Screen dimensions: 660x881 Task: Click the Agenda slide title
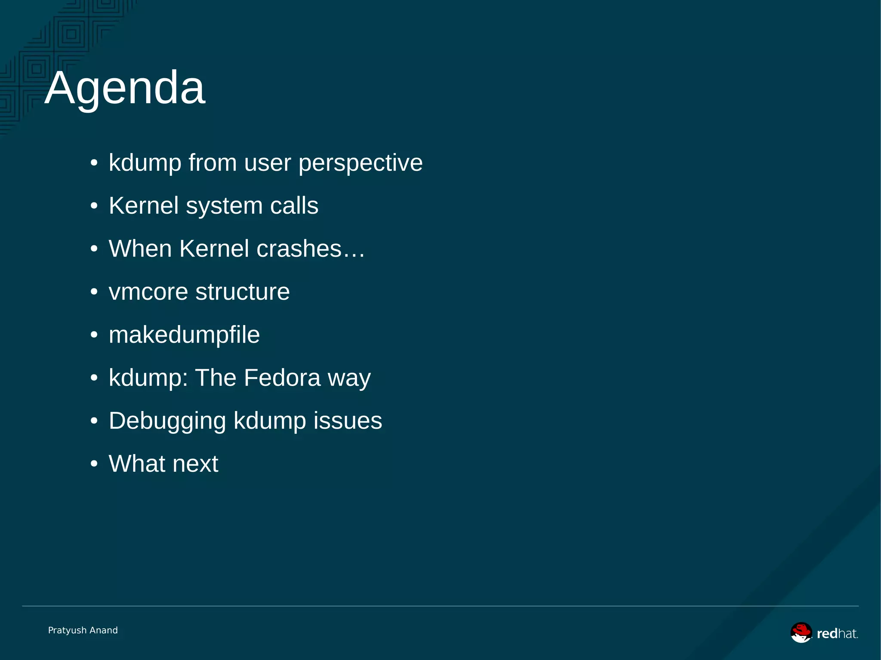tap(125, 88)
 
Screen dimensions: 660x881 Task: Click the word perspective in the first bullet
tap(360, 163)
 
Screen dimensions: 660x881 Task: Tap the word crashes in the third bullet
tap(299, 249)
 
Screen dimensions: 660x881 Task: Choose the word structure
tap(243, 292)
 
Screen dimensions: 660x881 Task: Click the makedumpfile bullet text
tap(184, 335)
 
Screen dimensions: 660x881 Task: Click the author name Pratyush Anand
tap(83, 630)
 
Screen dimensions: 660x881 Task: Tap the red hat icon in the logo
tap(801, 632)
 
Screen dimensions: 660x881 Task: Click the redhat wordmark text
tap(837, 634)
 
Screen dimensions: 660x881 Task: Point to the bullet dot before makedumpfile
tap(94, 335)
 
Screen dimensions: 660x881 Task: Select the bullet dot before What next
tap(94, 464)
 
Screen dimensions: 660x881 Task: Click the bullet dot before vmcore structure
tap(94, 292)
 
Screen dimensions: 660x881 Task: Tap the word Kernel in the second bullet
tap(144, 206)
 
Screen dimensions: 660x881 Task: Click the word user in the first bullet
tap(268, 163)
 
